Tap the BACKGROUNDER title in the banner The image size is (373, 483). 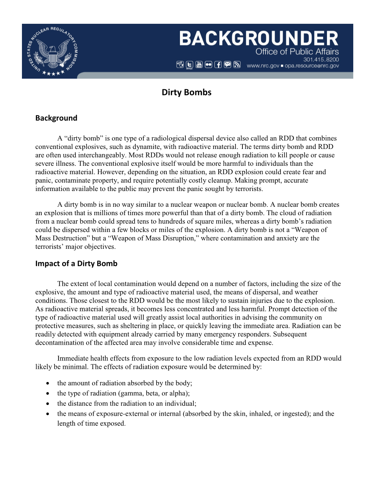coord(259,39)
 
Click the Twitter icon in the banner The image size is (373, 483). coord(189,65)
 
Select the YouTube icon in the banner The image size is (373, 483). coord(199,65)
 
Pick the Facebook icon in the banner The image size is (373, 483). coord(218,65)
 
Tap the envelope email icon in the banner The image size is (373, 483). coord(227,65)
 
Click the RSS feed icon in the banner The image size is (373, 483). coord(237,65)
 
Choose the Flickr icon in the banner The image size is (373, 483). coord(208,65)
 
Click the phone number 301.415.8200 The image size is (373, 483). coord(321,59)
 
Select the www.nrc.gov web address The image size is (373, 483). coord(263,66)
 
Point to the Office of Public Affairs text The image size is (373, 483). coord(297,52)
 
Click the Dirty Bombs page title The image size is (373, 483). coord(186,92)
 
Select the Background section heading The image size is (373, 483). coord(56,118)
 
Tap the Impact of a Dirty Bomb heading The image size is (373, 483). coord(76,263)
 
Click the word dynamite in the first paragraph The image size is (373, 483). coord(147,147)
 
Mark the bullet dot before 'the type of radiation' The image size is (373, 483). coord(48,394)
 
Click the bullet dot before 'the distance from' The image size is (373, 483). coord(48,404)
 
